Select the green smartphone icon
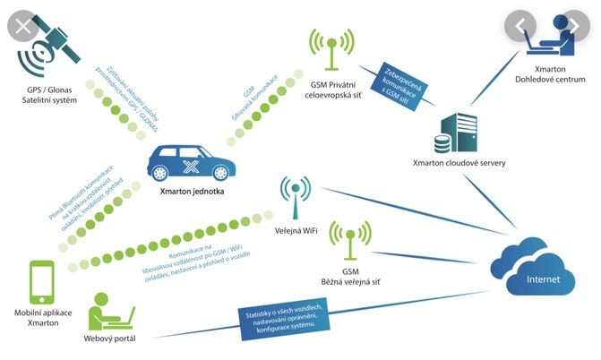[x=43, y=285]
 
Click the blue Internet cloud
[x=536, y=264]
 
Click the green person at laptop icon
[x=111, y=309]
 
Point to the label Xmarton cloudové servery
[x=451, y=163]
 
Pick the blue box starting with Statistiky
[x=285, y=315]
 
